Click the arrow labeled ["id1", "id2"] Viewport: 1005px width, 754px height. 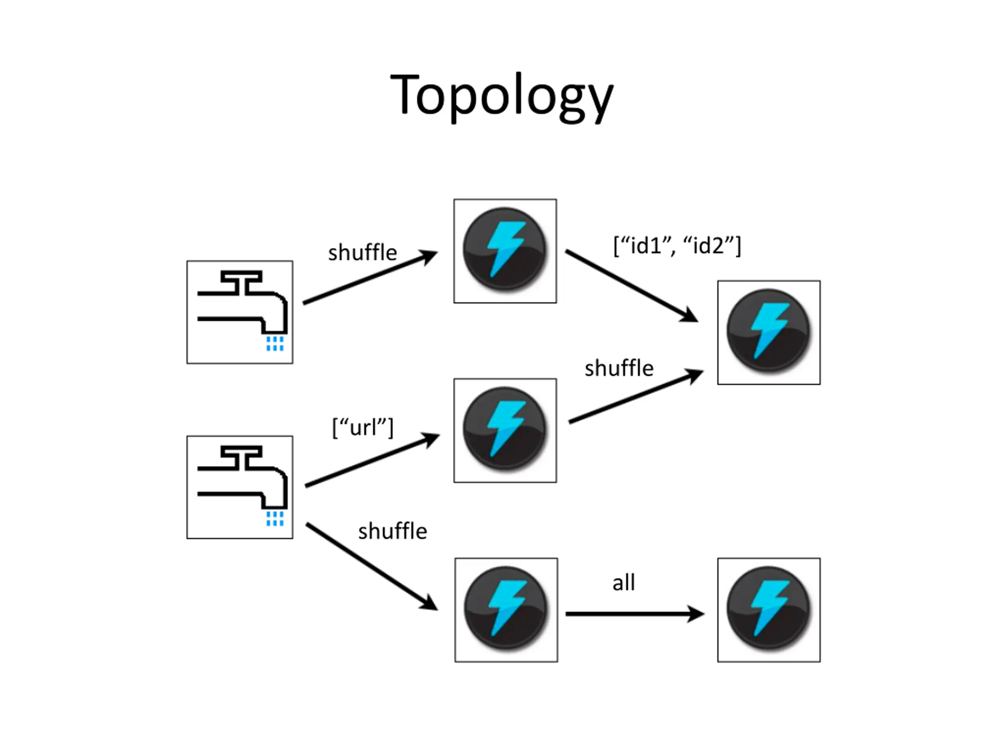[632, 286]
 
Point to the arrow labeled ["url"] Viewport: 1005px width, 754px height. [372, 460]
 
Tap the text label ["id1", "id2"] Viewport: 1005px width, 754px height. [677, 246]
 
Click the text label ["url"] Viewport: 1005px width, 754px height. [363, 427]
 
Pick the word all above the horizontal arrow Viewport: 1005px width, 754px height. [623, 582]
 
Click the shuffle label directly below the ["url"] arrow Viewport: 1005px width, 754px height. [393, 531]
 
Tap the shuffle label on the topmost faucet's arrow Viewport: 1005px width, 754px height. [363, 252]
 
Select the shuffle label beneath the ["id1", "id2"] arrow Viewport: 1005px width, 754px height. [619, 368]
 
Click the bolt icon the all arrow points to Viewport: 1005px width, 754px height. [769, 610]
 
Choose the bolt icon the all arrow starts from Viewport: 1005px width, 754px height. [506, 610]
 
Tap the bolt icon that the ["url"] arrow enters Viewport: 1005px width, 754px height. [505, 430]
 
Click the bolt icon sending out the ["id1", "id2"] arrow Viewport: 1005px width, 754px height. [505, 251]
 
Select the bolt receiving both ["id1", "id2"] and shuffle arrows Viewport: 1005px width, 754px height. [769, 332]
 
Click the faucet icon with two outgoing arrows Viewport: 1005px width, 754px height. [240, 487]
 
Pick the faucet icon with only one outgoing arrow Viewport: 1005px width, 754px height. [240, 312]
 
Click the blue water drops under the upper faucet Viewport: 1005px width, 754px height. [275, 344]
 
